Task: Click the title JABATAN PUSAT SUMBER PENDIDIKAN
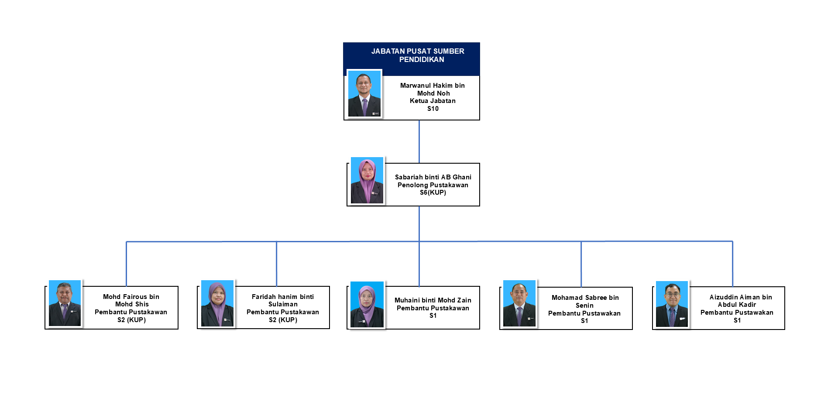pos(418,55)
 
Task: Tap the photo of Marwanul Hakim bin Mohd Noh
pos(364,93)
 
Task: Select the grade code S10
pos(433,109)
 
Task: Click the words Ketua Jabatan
pos(433,101)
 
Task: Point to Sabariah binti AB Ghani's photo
pos(367,180)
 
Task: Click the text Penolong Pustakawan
pos(433,185)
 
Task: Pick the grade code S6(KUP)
pos(433,192)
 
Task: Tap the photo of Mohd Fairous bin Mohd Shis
pos(65,303)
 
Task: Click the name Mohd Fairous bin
pos(131,297)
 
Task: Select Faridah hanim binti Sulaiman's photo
pos(217,303)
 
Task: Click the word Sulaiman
pos(283,304)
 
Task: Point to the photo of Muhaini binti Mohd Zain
pos(367,305)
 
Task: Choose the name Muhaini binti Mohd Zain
pos(433,300)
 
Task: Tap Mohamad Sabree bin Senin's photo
pos(519,303)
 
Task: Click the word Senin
pos(584,306)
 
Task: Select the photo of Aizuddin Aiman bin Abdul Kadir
pos(672,304)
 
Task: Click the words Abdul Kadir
pos(737,305)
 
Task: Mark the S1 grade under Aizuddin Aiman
pos(737,320)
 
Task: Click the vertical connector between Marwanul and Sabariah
pos(419,141)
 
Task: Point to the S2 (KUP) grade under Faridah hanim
pos(283,320)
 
